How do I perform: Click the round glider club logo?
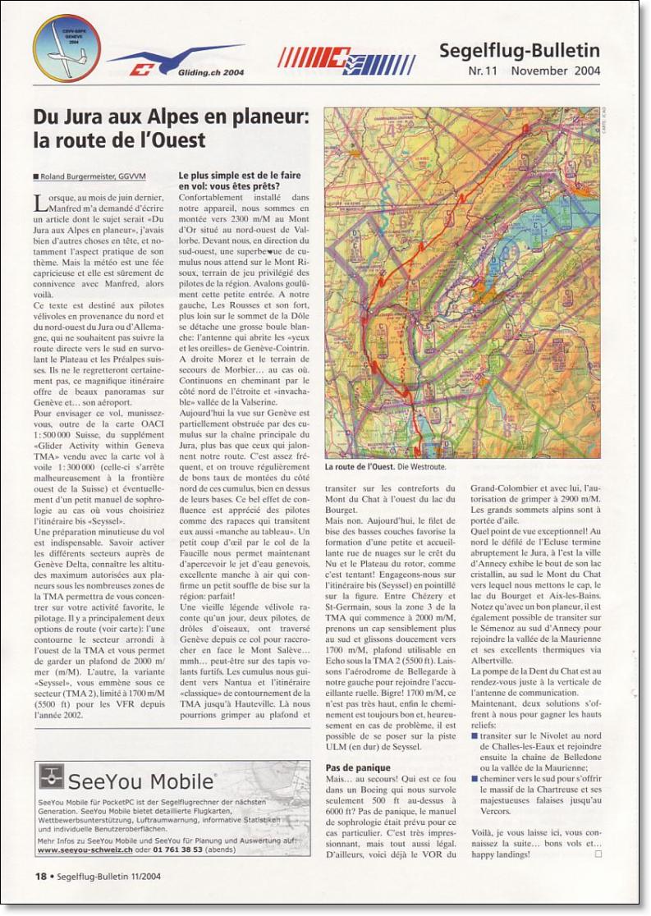(66, 48)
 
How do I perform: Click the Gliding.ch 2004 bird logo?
(174, 59)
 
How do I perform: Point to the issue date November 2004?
(555, 71)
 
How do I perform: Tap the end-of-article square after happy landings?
(598, 854)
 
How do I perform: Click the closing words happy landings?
(502, 854)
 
